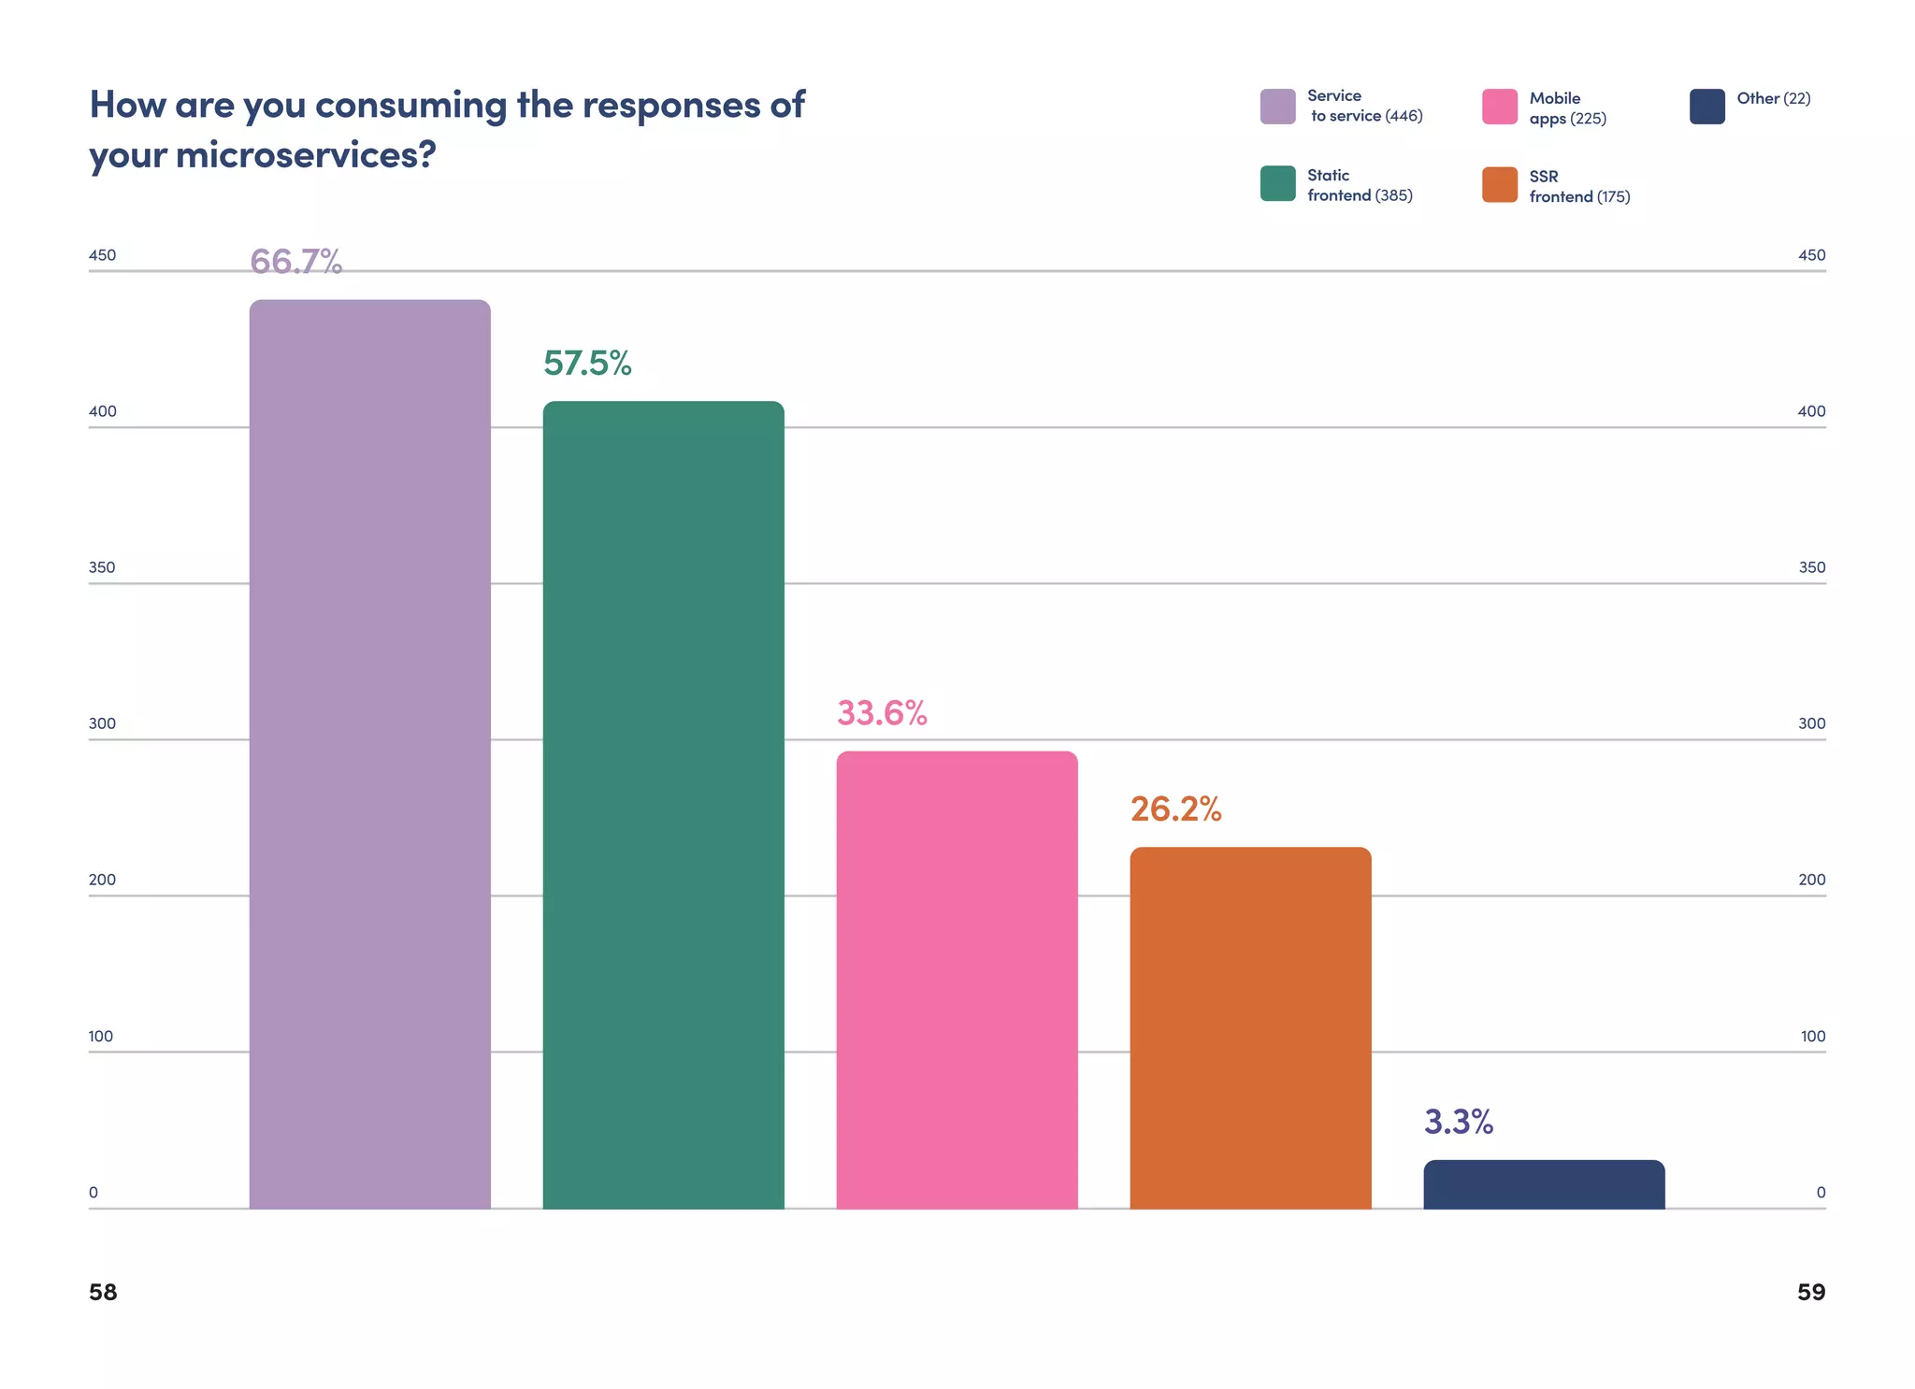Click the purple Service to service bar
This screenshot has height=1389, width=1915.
pos(369,753)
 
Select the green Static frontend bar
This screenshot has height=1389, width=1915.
pos(663,804)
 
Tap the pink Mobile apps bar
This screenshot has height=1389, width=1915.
pos(957,980)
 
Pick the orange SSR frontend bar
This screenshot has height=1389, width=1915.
pos(1250,1027)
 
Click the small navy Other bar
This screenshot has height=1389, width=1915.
pos(1544,1184)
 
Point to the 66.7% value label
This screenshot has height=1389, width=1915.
pos(295,262)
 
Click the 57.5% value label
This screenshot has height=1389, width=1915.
pos(587,364)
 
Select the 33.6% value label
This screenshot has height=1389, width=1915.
pos(882,713)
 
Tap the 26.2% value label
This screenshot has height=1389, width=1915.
pos(1175,809)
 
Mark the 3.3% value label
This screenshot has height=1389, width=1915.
pos(1458,1122)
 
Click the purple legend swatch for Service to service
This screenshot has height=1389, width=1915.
pos(1277,107)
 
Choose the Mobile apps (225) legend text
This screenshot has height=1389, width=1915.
pos(1567,108)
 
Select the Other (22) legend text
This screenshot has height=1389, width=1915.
pos(1773,98)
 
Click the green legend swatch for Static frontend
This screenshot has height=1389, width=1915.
pos(1277,183)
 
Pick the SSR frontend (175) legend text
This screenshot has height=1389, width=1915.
pos(1578,186)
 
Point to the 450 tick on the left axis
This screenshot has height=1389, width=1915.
pos(102,255)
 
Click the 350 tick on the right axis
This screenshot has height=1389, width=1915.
pos(1811,567)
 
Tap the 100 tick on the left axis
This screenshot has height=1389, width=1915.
pos(100,1036)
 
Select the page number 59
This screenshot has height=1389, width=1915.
pos(1810,1292)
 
